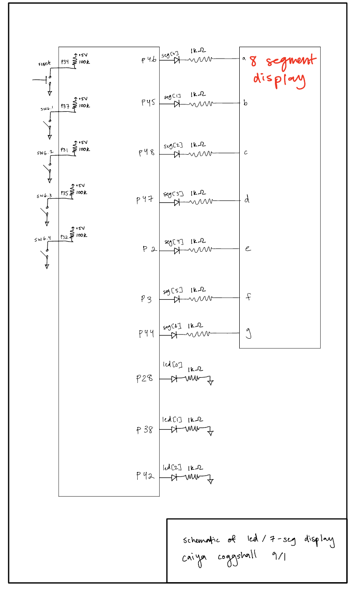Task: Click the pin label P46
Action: (x=149, y=59)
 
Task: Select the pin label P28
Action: (x=145, y=379)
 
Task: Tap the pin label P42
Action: (x=145, y=476)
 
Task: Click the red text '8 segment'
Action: (x=283, y=62)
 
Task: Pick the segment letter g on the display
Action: (x=248, y=335)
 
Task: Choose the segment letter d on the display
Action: (x=247, y=200)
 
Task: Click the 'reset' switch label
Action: (x=44, y=64)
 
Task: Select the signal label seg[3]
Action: (x=173, y=194)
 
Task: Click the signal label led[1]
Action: (x=172, y=420)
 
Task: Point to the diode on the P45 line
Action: (x=177, y=104)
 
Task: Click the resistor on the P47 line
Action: (x=201, y=201)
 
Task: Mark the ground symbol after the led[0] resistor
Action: (x=210, y=382)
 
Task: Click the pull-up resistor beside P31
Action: (x=74, y=149)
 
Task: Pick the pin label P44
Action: (x=146, y=334)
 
